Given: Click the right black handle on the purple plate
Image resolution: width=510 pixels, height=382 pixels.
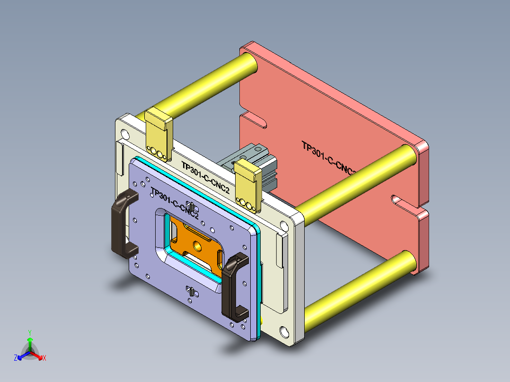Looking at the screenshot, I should (x=233, y=287).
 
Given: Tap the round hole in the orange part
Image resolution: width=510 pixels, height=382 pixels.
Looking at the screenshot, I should (x=195, y=246).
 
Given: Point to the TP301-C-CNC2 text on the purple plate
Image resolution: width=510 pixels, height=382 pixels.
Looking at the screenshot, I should (x=175, y=203).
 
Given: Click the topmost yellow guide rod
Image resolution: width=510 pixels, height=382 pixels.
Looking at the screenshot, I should (x=203, y=86).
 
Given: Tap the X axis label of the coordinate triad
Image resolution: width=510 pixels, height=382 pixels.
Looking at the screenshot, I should (x=44, y=358).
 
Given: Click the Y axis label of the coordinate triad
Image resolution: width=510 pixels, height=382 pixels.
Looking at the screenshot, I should (x=29, y=332).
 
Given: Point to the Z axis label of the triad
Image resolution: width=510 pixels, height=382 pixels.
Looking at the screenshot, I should (x=16, y=358).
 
